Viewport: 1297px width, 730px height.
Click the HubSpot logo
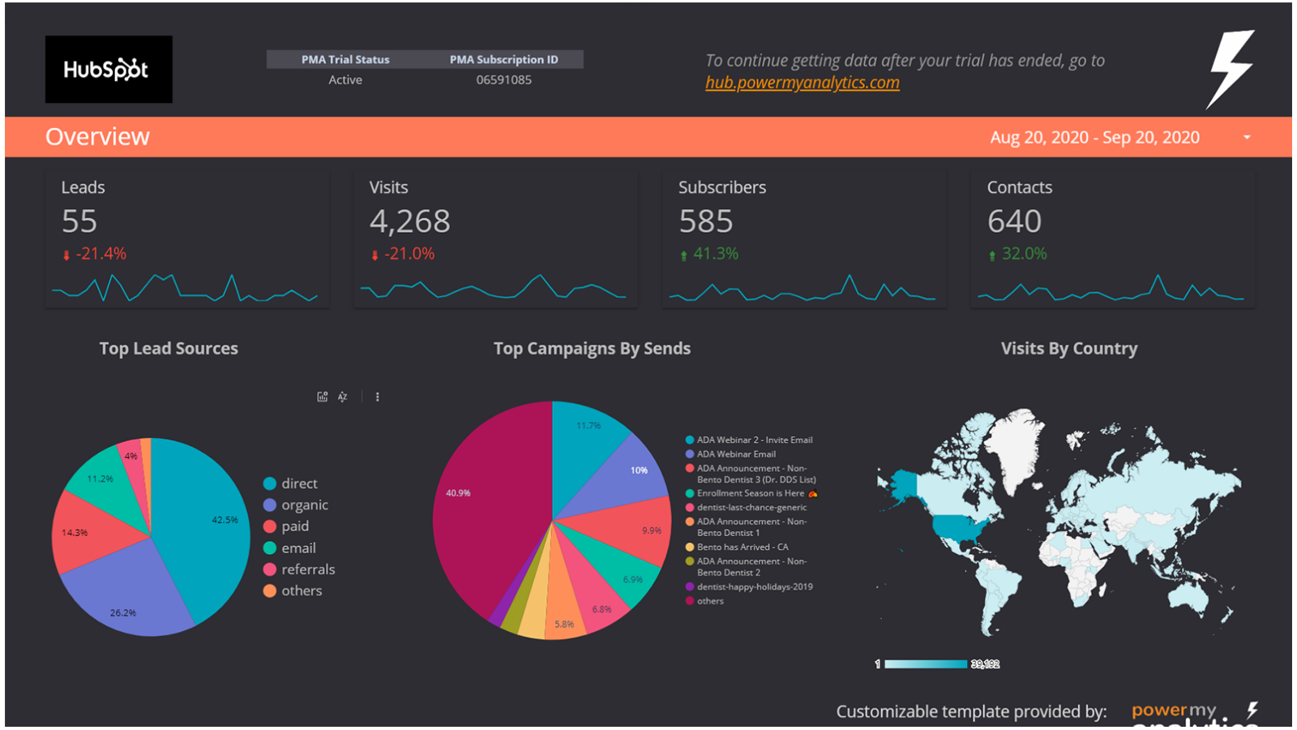pos(108,69)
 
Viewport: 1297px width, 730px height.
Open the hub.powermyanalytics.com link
pos(802,83)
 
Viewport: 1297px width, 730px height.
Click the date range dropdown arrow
pos(1247,137)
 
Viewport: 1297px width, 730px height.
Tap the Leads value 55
pos(79,221)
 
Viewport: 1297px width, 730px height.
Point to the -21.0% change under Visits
pos(409,254)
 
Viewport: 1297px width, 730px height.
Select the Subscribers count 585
pos(705,221)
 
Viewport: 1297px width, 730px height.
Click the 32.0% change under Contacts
pos(1023,254)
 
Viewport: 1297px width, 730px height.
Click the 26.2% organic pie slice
pos(130,596)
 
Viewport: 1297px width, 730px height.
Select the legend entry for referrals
pos(307,569)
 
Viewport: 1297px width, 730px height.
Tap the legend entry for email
pos(298,548)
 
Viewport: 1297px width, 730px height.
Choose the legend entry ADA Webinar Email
pos(735,454)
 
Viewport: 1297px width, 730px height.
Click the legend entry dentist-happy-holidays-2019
pos(754,586)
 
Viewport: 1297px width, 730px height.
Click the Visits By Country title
pos(1068,349)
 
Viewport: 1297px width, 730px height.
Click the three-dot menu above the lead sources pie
pos(377,397)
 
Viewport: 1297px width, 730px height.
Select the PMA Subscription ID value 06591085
pos(503,79)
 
